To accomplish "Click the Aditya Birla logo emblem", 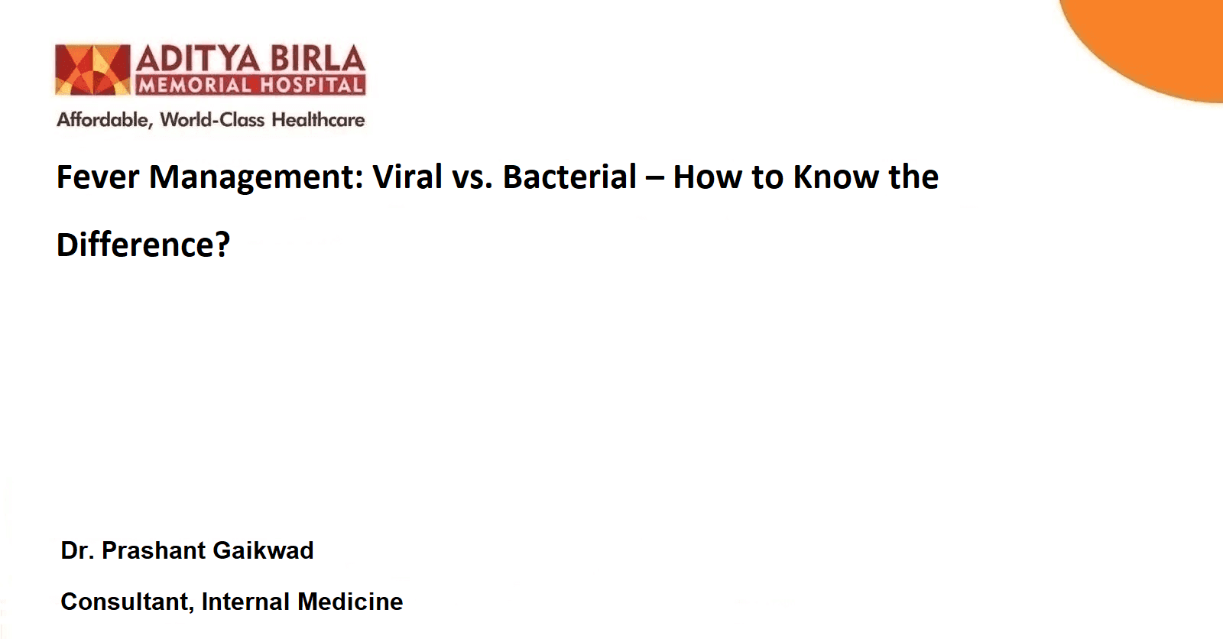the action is [92, 70].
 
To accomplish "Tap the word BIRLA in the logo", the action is [318, 59].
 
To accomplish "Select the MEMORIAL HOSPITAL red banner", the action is [251, 85].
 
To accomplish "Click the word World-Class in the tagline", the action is [212, 119].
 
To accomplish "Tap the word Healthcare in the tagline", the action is [318, 119].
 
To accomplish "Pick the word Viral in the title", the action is [407, 177].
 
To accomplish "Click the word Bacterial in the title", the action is [569, 177].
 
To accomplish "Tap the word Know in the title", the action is [836, 177].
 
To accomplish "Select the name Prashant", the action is [154, 550].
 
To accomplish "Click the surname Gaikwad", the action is [263, 550].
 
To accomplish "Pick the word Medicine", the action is [351, 602].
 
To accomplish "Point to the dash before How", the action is [654, 180].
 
